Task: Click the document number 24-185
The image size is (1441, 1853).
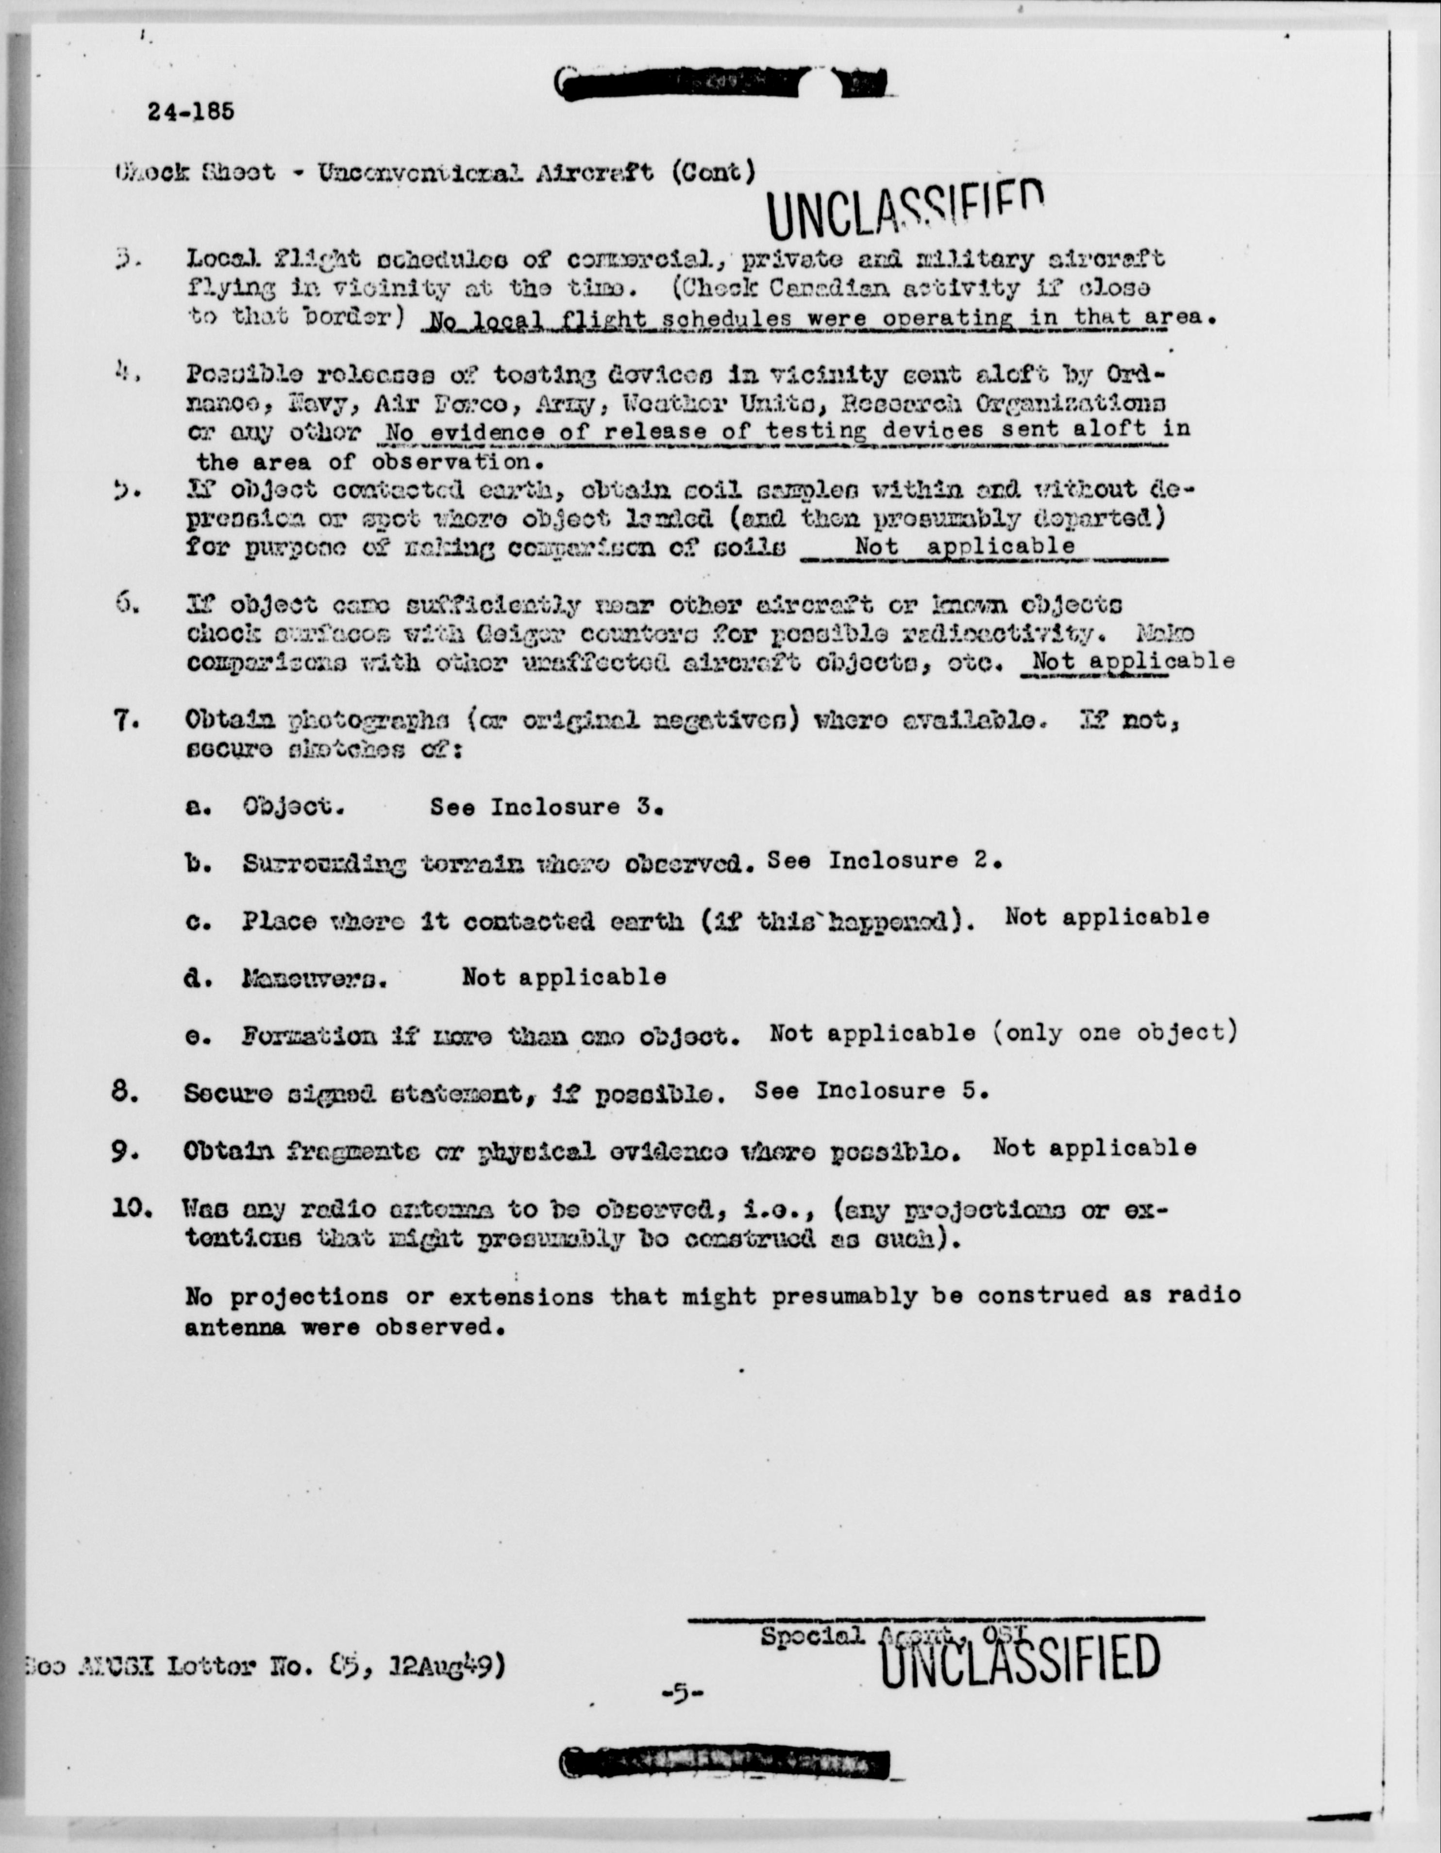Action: pyautogui.click(x=190, y=112)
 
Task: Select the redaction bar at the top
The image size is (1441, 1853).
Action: pyautogui.click(x=721, y=83)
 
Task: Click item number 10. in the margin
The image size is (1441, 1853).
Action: pyautogui.click(x=132, y=1208)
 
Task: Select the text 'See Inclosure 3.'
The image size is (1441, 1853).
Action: pyautogui.click(x=545, y=807)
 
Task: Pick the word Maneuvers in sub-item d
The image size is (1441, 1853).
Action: pyautogui.click(x=314, y=980)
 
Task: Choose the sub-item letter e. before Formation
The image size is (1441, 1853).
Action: pyautogui.click(x=197, y=1037)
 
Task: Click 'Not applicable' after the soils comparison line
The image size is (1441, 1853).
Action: pyautogui.click(x=965, y=547)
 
